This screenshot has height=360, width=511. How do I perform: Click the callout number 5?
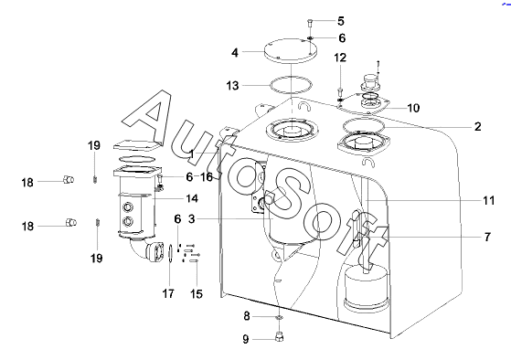(341, 21)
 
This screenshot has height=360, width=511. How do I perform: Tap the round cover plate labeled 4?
(291, 50)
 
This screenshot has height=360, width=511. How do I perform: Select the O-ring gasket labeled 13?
(291, 78)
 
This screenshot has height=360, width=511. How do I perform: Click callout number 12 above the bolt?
(340, 58)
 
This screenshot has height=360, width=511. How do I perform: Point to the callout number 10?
(413, 108)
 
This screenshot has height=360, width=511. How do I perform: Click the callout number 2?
(477, 126)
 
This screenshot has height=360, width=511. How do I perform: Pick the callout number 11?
(488, 200)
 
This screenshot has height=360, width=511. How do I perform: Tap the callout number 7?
(487, 237)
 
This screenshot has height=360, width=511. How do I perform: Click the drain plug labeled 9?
(280, 336)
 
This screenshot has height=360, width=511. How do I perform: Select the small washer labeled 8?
(280, 317)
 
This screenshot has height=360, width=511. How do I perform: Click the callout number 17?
(168, 294)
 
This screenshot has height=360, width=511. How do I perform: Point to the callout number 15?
(197, 294)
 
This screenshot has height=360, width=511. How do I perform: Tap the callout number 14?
(192, 198)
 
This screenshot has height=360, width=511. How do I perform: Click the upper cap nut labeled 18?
(69, 179)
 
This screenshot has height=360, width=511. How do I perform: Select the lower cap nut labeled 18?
(71, 223)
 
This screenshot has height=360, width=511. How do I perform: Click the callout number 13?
(232, 86)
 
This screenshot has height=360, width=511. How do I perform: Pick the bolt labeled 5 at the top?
(310, 24)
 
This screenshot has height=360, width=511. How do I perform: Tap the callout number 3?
(191, 219)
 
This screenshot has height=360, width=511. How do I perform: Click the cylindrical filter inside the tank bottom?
(367, 287)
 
